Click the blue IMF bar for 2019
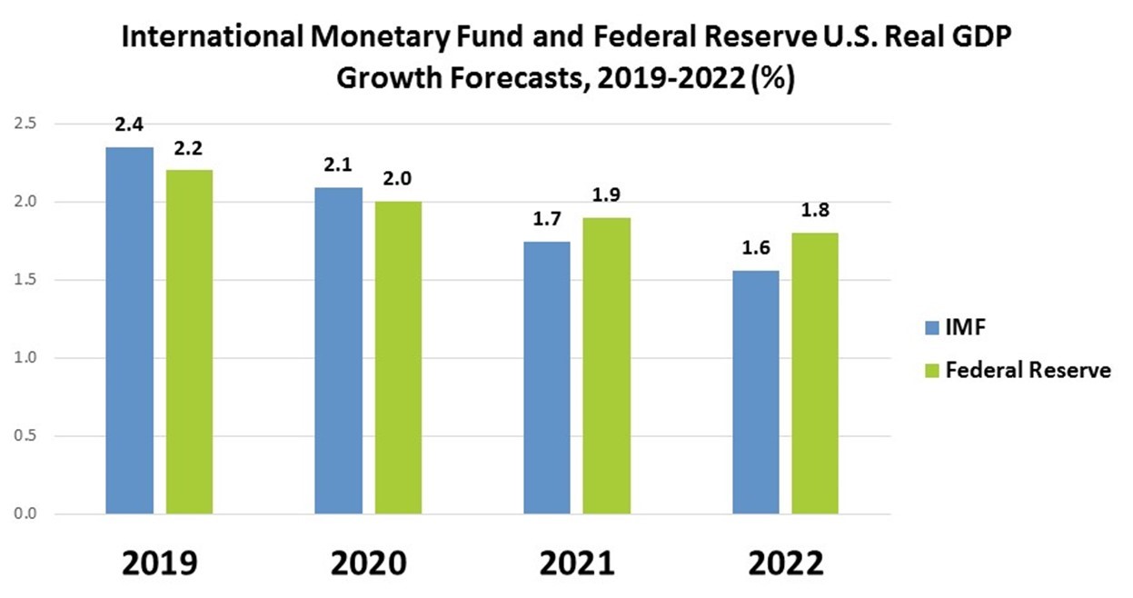coord(130,331)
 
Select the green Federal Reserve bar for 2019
coord(189,342)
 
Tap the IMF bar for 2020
coord(338,351)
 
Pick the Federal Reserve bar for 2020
coord(397,358)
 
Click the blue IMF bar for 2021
coord(547,378)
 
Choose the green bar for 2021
coord(606,366)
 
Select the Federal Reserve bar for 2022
coord(815,374)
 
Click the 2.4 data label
coord(130,125)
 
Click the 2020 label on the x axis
coord(368,563)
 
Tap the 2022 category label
coord(786,563)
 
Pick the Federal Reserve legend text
coord(1028,370)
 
